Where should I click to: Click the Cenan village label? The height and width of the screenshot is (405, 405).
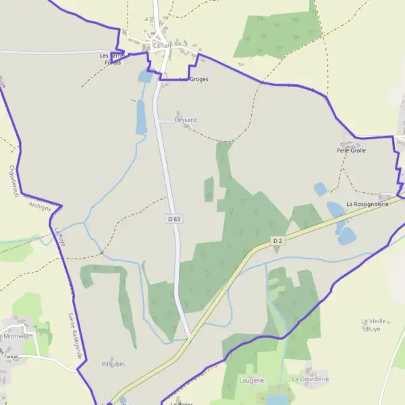(x=162, y=45)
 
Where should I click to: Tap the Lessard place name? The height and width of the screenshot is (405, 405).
(x=185, y=120)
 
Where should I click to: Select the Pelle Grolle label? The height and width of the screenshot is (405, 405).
(x=351, y=151)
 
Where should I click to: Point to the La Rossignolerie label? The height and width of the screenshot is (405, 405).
(x=367, y=204)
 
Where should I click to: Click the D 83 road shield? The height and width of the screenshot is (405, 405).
(x=174, y=219)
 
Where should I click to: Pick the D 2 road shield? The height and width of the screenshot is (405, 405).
(x=277, y=241)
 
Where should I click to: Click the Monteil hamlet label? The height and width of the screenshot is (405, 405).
(x=15, y=336)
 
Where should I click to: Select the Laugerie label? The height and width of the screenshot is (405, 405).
(x=252, y=381)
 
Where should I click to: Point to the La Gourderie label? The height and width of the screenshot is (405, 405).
(x=310, y=379)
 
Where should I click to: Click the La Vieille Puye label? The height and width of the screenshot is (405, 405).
(x=373, y=325)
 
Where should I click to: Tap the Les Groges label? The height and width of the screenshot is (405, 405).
(x=195, y=79)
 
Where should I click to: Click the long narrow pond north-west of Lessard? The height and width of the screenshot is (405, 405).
(x=140, y=116)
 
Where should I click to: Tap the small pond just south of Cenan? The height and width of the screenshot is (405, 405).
(x=145, y=76)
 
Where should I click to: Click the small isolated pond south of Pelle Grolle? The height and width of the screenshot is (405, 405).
(x=321, y=189)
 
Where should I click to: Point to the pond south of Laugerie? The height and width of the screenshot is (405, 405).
(x=277, y=400)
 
